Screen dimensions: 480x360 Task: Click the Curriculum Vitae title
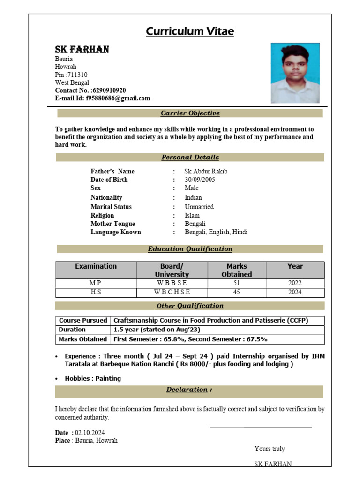click(x=189, y=31)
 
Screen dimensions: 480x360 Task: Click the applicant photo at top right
click(x=295, y=73)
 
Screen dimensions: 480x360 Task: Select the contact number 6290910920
click(x=109, y=90)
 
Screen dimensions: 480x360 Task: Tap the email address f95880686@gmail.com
click(x=118, y=98)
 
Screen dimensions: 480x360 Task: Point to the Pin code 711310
click(x=77, y=75)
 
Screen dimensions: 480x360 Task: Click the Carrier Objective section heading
click(x=190, y=113)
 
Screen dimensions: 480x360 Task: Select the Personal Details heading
click(x=190, y=157)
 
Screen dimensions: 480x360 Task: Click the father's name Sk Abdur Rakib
click(x=206, y=171)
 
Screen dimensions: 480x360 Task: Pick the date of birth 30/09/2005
click(x=200, y=180)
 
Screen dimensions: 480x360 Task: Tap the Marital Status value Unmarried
click(x=199, y=207)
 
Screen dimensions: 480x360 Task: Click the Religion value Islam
click(x=192, y=216)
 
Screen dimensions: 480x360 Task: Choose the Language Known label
click(x=115, y=232)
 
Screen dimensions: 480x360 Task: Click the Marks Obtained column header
click(x=236, y=270)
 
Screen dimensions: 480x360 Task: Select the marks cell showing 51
click(x=236, y=283)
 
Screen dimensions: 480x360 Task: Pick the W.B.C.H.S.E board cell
click(x=172, y=292)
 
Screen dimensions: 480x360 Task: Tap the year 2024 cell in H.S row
click(x=295, y=292)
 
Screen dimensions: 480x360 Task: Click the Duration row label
click(x=72, y=330)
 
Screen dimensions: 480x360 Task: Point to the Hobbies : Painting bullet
click(x=92, y=378)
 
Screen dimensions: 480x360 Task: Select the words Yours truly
click(x=270, y=449)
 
